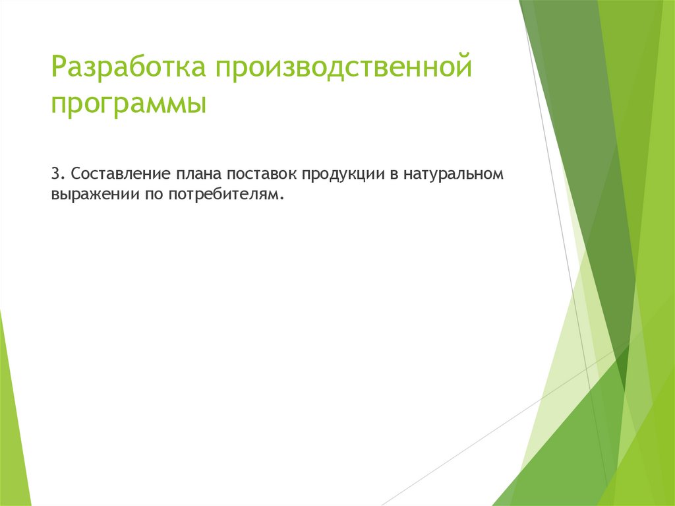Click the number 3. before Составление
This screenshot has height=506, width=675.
[x=57, y=174]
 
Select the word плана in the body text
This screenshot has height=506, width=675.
[x=200, y=174]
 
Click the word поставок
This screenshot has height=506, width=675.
[x=262, y=174]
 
